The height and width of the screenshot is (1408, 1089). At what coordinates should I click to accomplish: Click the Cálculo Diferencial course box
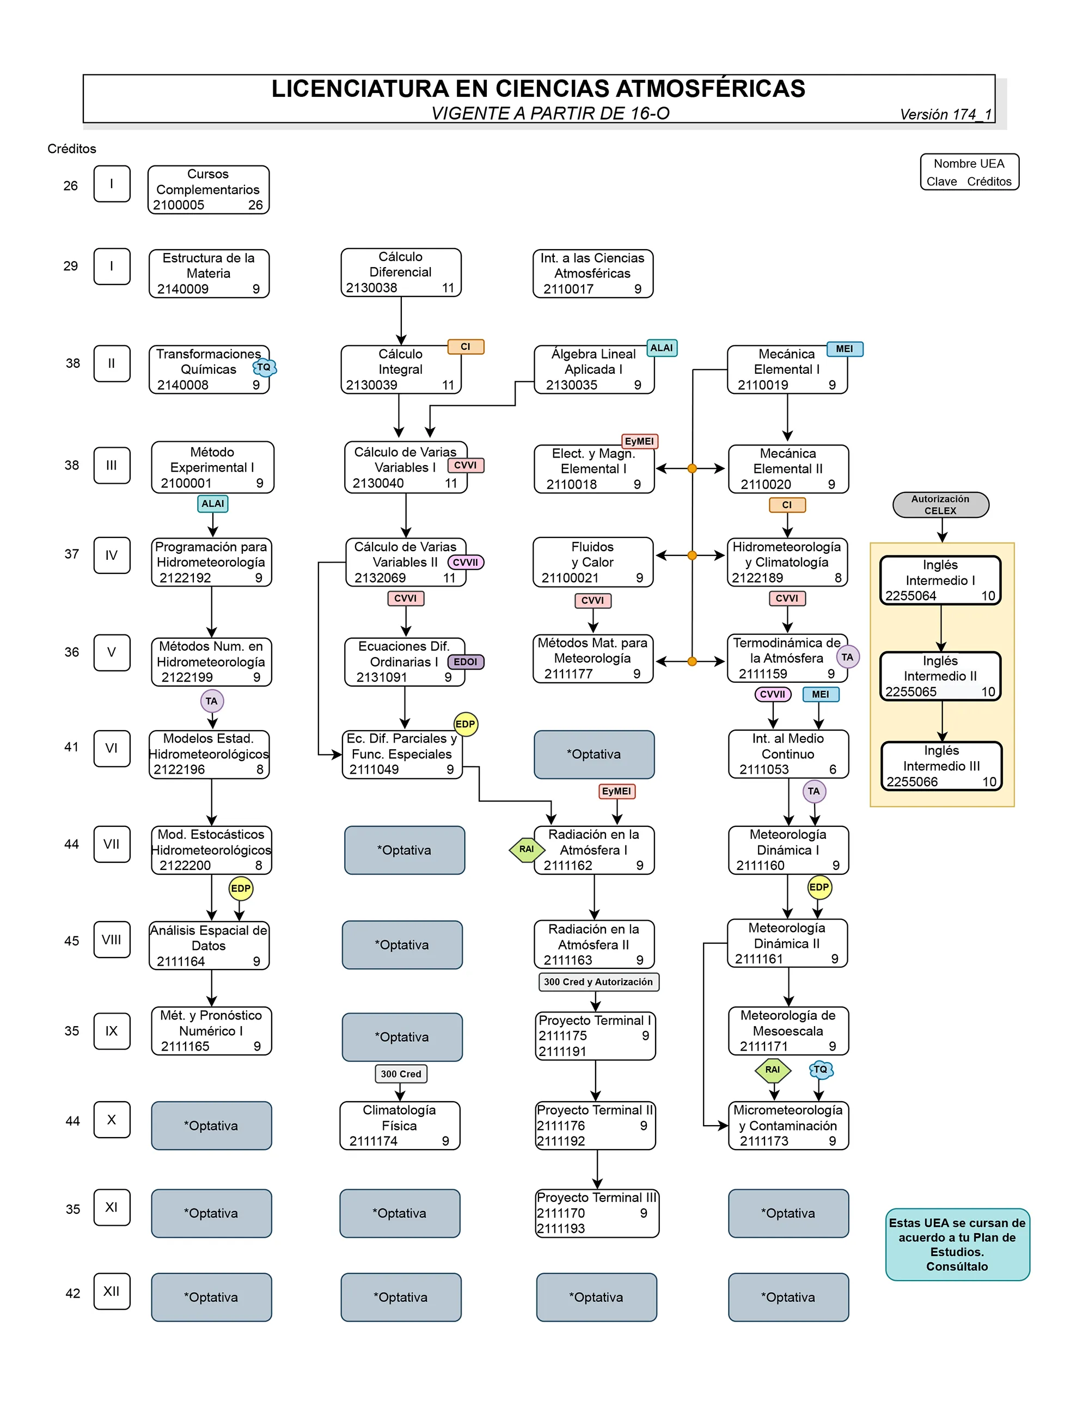coord(401,273)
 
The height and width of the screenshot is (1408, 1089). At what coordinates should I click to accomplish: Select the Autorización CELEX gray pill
coord(940,505)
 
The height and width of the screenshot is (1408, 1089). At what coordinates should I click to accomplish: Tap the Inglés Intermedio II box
coord(940,676)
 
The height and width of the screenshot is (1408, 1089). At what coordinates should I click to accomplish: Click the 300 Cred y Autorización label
coord(598,982)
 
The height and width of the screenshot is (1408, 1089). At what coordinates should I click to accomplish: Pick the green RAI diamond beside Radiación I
coord(527,850)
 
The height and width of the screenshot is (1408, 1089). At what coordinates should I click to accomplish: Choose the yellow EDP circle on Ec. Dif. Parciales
coord(465,724)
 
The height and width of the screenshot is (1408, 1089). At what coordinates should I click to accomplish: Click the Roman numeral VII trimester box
coord(112,844)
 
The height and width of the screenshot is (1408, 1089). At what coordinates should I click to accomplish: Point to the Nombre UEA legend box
coord(969,172)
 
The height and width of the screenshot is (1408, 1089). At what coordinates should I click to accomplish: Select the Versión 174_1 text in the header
coord(945,115)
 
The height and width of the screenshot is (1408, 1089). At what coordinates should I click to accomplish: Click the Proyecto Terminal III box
coord(596,1213)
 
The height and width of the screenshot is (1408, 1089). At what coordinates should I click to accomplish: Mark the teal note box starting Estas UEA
coord(957,1244)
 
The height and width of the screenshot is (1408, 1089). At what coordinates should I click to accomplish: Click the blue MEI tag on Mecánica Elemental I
coord(844,349)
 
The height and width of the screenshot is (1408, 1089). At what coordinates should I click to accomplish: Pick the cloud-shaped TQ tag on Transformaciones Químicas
coord(264,367)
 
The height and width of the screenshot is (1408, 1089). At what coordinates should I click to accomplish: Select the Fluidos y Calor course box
coord(592,562)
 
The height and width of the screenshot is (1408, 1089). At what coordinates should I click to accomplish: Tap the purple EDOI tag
coord(465,662)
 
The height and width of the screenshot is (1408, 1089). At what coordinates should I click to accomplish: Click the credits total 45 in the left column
coord(72,941)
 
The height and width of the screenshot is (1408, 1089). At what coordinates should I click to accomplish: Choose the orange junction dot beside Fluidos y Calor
coord(692,555)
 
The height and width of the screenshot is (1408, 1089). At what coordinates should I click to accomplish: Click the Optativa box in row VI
coord(594,754)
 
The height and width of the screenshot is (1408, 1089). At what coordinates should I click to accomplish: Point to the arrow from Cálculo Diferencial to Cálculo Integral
coord(401,321)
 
